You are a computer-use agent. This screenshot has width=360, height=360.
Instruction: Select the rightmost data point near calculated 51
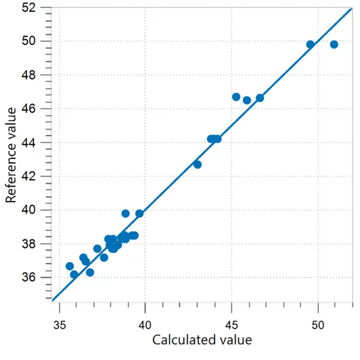[x=334, y=45]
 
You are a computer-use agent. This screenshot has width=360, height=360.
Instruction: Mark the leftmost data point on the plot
[x=70, y=266]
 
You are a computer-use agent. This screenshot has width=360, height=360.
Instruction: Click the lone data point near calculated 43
[x=197, y=165]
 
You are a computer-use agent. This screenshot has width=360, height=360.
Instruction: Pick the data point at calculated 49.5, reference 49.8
[x=310, y=45]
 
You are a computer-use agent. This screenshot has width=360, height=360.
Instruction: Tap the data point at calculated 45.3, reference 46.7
[x=236, y=97]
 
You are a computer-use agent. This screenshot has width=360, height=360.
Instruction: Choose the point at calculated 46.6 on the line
[x=260, y=98]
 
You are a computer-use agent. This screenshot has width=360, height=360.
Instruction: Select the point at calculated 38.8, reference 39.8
[x=125, y=214]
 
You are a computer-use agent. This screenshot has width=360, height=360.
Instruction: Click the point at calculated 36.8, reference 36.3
[x=90, y=273]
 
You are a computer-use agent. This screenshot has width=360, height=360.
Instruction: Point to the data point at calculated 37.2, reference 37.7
[x=97, y=249]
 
